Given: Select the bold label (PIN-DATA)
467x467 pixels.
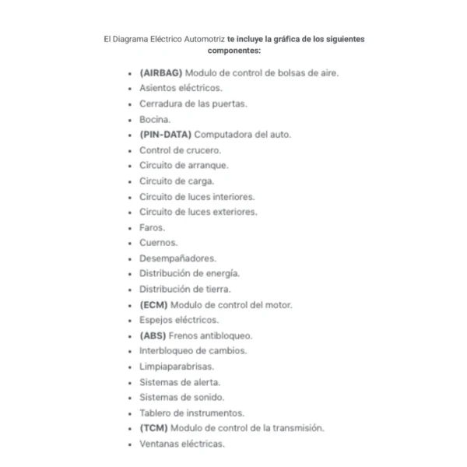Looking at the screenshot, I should [x=165, y=135].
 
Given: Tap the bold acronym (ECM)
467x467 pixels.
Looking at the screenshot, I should [x=153, y=304].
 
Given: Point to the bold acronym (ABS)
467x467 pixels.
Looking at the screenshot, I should [x=153, y=335].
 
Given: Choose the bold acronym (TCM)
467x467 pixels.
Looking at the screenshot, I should [x=153, y=428].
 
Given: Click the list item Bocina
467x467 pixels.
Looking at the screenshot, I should [x=155, y=119].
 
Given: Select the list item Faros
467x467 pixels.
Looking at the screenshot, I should [x=153, y=227].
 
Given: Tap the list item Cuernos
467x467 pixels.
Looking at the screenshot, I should [x=158, y=243].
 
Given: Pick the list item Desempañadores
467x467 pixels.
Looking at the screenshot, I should [x=177, y=258].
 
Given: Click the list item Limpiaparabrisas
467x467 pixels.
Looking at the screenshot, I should [x=176, y=366].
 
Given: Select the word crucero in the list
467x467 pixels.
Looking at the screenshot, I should [x=204, y=150].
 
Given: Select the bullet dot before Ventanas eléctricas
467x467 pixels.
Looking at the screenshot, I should [x=129, y=444].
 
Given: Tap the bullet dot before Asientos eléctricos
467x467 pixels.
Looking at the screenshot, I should [x=129, y=89].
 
